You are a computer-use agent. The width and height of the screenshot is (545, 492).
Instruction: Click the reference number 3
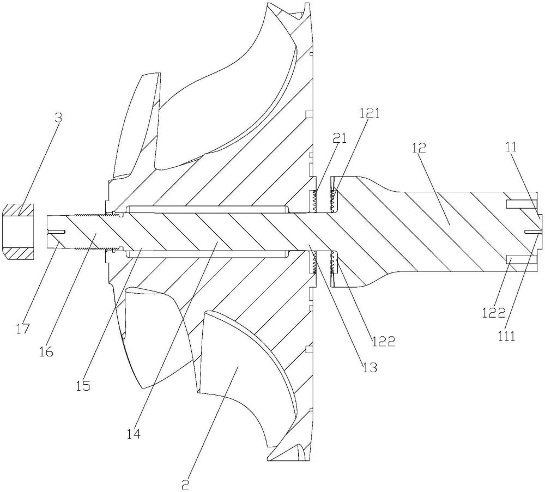coord(59,118)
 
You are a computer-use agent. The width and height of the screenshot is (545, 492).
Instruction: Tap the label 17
coord(23,329)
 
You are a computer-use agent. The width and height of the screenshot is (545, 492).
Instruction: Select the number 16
coord(46,352)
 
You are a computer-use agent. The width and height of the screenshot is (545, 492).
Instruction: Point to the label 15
coord(83,385)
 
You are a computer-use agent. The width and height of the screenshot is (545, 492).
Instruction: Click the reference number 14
coord(134,433)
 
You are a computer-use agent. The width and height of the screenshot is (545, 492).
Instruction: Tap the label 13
coord(370,367)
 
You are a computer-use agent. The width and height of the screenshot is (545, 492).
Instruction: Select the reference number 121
coord(369,114)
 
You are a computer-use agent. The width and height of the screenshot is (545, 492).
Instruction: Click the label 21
coord(340,138)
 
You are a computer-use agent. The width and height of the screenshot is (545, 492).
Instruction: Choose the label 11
coord(511,147)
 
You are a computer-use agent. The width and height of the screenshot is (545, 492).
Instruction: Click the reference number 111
coord(507,336)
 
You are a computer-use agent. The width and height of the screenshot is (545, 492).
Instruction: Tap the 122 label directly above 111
coord(494,313)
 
